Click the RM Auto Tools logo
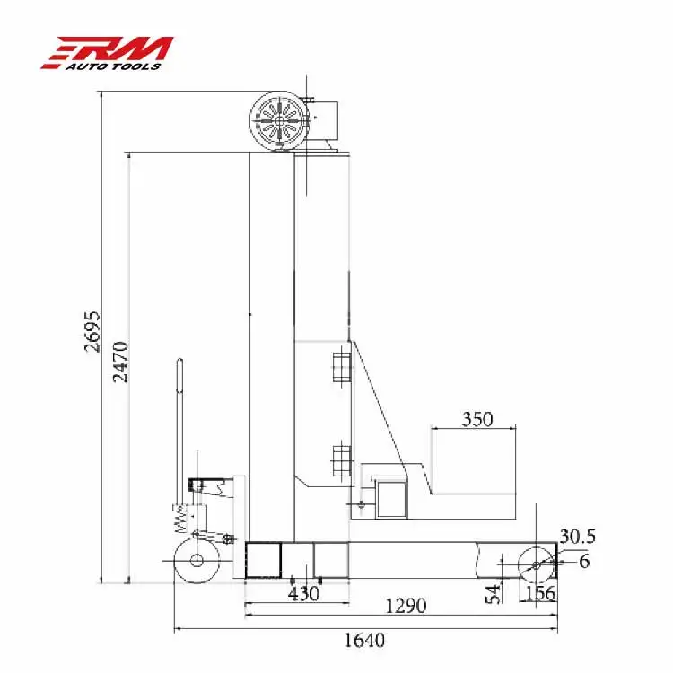108,53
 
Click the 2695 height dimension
92,331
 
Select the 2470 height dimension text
120,362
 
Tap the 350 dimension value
477,419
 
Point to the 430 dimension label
304,594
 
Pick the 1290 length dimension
406,606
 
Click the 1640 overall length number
364,640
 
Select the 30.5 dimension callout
578,536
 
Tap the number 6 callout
584,561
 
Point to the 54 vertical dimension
494,594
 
